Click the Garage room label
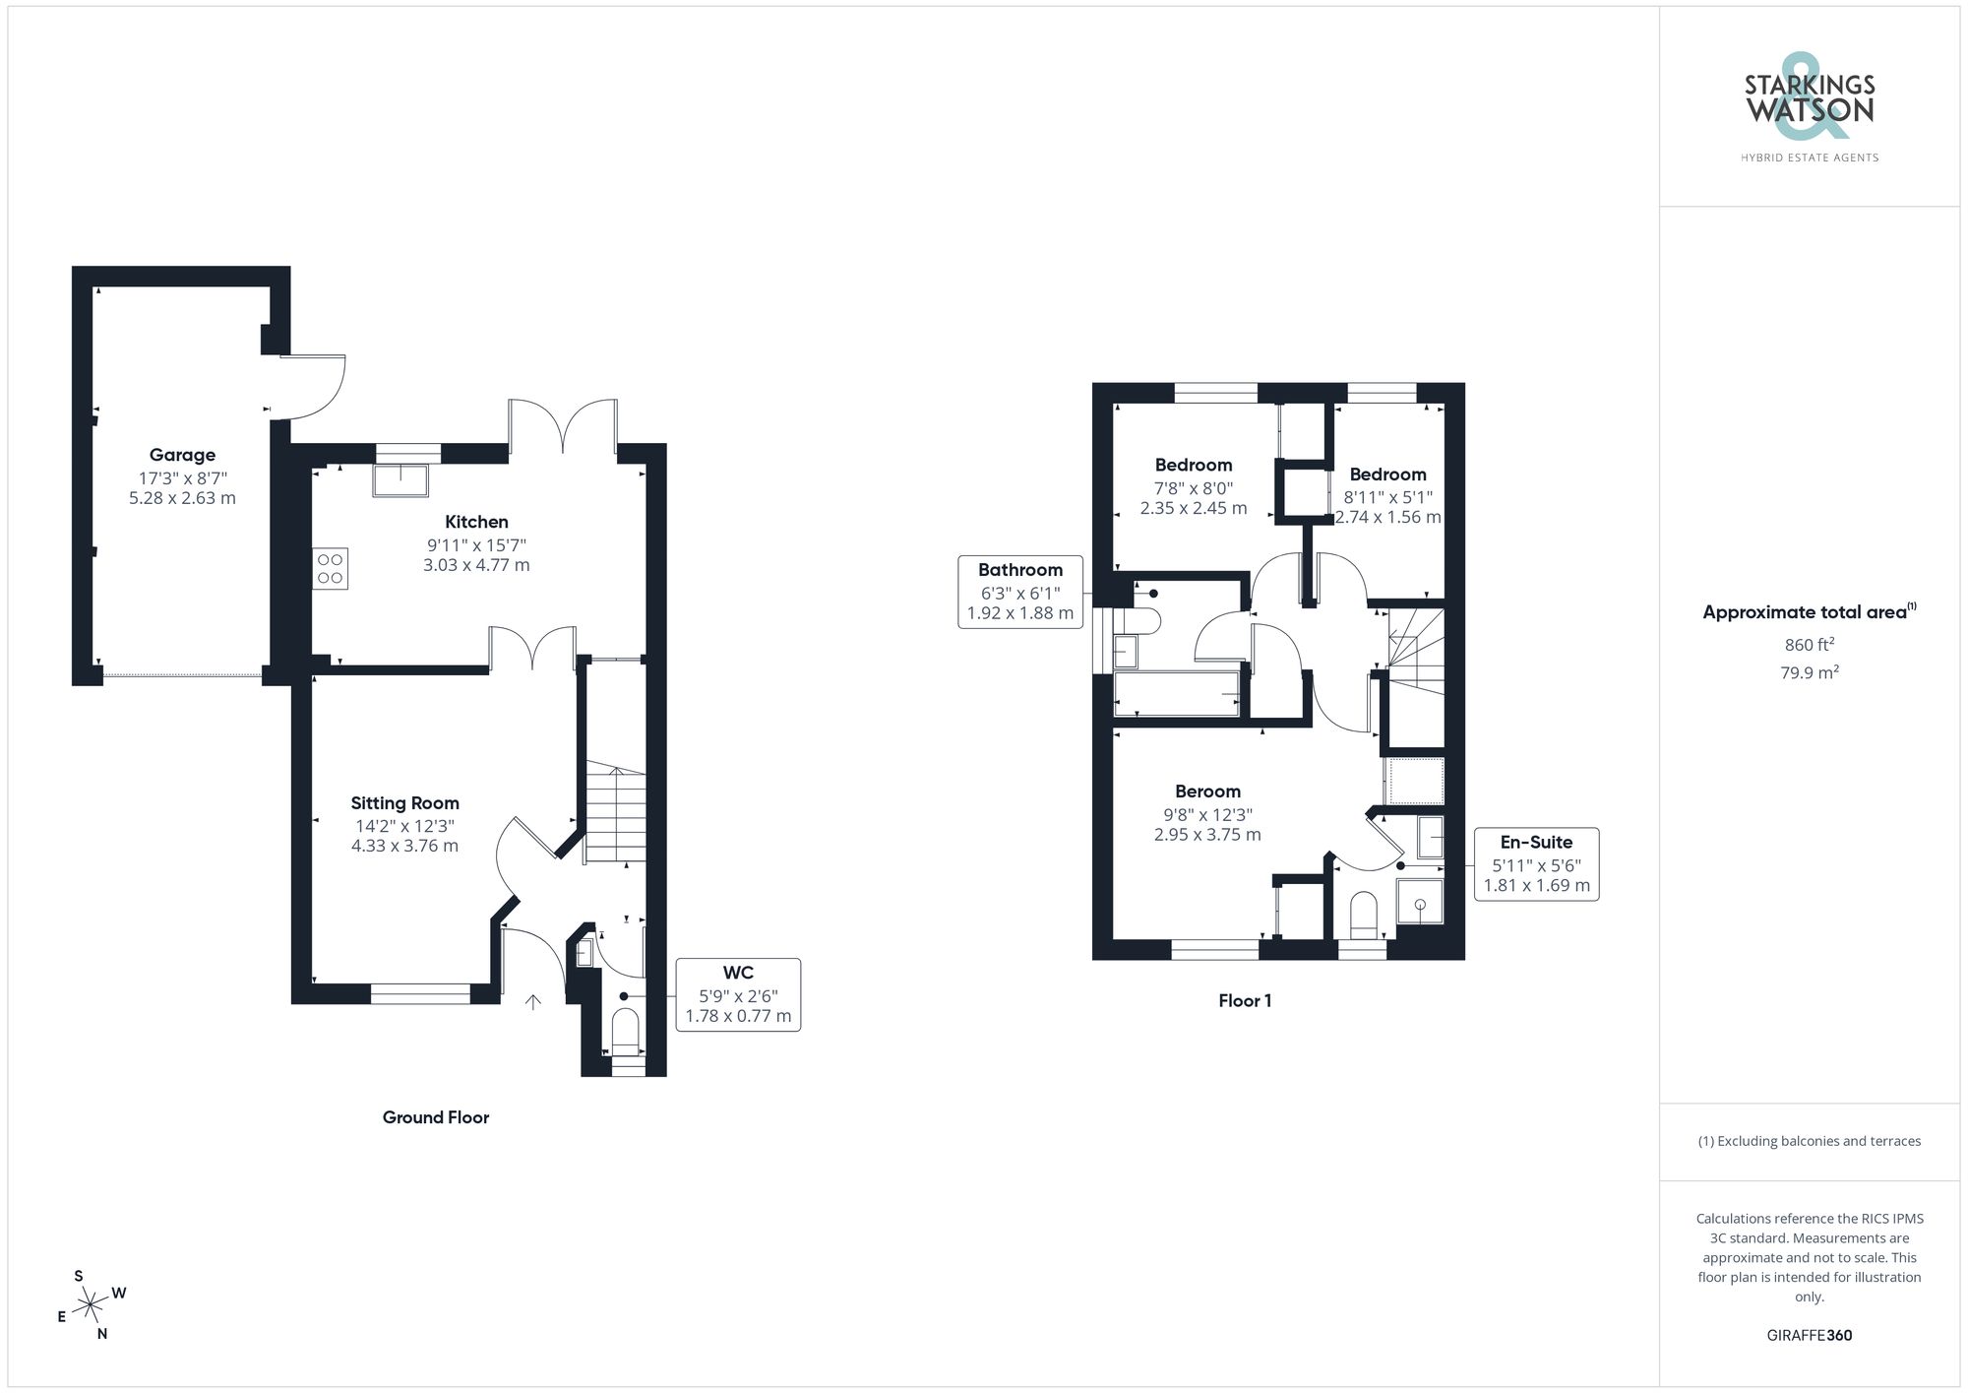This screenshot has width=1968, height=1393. click(182, 455)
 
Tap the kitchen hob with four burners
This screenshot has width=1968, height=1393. click(331, 569)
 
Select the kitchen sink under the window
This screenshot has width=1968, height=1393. click(400, 479)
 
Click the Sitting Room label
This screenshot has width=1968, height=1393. click(404, 803)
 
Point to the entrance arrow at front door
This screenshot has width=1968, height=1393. click(533, 1002)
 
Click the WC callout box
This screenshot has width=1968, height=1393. click(737, 994)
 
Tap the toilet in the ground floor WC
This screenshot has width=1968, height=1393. click(626, 1032)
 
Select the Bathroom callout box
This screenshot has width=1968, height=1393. click(1020, 592)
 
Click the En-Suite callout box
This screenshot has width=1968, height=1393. click(1536, 864)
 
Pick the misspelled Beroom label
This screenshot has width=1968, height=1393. click(1207, 791)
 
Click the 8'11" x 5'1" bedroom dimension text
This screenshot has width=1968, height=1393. click(1387, 497)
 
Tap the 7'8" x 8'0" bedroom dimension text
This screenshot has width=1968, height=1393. click(1193, 488)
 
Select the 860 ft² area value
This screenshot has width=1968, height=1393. click(1809, 645)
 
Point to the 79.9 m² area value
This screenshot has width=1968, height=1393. click(1809, 673)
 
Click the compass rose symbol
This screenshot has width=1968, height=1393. click(91, 1305)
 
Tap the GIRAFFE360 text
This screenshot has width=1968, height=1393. click(1809, 1336)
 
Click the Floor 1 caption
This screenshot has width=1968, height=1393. click(1245, 1001)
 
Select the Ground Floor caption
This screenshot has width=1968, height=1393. click(435, 1117)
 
